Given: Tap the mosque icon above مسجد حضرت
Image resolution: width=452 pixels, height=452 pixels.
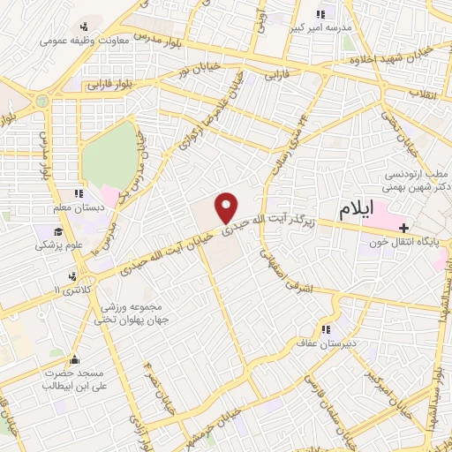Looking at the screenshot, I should click(74, 359).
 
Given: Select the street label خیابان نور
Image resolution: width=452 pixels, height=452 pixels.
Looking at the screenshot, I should click(192, 64).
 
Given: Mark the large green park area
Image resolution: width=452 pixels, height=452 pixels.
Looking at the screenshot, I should click(110, 154).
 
